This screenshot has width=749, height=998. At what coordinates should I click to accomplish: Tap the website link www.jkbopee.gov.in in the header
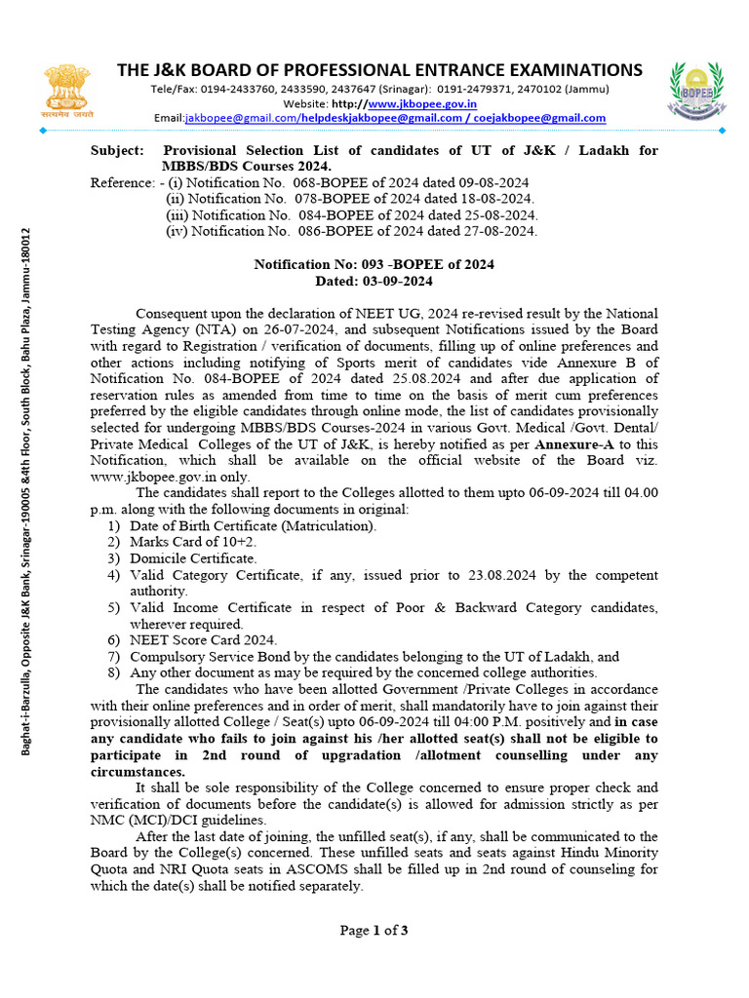pos(422,103)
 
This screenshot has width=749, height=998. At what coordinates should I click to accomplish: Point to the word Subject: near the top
pos(116,151)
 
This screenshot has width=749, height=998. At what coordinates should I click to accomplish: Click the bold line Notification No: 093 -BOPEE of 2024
pos(374,264)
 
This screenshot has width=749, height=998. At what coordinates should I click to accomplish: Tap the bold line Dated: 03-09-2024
pos(374,281)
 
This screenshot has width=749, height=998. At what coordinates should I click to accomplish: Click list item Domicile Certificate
pos(193,558)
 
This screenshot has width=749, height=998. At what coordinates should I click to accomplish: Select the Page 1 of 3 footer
pos(374,931)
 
